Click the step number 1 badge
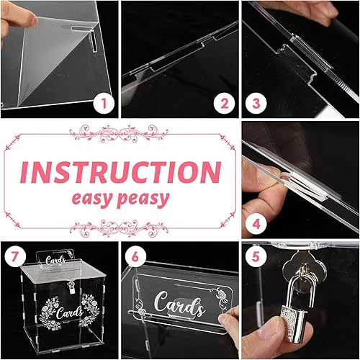(x=104, y=104)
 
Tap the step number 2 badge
(x=225, y=104)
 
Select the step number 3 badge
(x=256, y=104)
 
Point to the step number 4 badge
(x=256, y=225)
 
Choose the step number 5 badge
(x=256, y=256)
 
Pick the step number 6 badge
(x=135, y=256)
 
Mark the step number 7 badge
(x=15, y=256)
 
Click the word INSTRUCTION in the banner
(x=120, y=172)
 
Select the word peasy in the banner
(x=143, y=199)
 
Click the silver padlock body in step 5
(x=294, y=326)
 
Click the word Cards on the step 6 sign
(x=179, y=303)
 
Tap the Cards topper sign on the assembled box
(x=55, y=258)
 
